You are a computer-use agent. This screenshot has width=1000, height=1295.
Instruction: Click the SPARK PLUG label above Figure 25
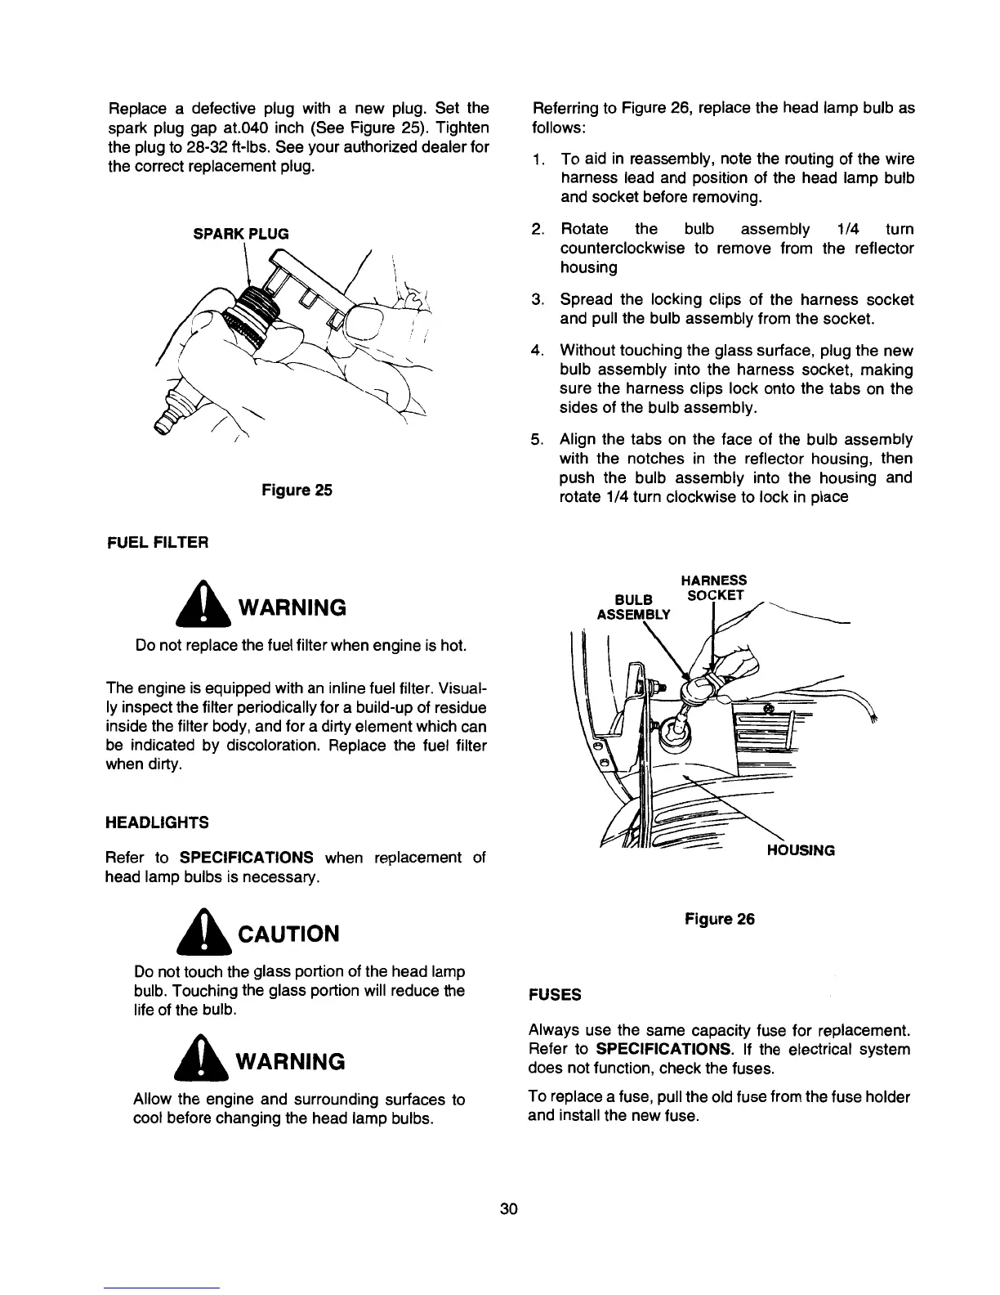tap(240, 233)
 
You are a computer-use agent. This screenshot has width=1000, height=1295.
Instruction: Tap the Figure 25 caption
tap(296, 491)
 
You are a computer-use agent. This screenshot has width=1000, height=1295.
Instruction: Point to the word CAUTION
tap(287, 934)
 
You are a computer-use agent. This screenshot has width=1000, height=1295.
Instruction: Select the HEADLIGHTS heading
tap(157, 822)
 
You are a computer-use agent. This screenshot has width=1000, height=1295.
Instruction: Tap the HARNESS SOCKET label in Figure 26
tap(713, 587)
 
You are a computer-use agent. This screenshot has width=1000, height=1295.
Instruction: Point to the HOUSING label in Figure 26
tap(800, 850)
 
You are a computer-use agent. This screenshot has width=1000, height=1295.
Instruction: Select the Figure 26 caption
tap(719, 919)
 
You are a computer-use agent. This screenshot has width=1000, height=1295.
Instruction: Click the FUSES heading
tap(555, 994)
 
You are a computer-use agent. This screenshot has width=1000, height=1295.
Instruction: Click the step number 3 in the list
tap(538, 299)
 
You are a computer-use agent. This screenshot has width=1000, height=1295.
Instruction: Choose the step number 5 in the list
tap(538, 440)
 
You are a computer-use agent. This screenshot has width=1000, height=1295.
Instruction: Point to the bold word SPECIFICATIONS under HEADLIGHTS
tap(247, 858)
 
